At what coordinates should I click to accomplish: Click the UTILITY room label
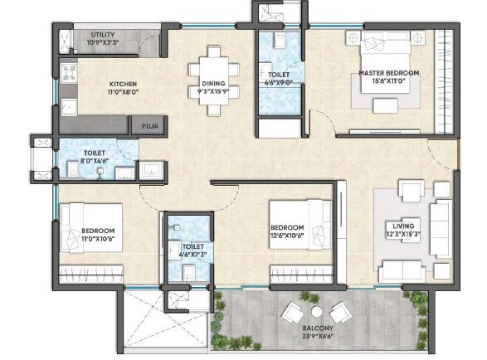coord(104,35)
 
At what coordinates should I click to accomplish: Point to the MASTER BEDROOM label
coord(388,73)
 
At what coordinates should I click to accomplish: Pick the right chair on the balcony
coord(340,313)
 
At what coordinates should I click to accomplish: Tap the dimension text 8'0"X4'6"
coord(93,160)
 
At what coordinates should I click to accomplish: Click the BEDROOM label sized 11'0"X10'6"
coord(97,230)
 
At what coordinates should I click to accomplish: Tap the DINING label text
coord(213,83)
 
